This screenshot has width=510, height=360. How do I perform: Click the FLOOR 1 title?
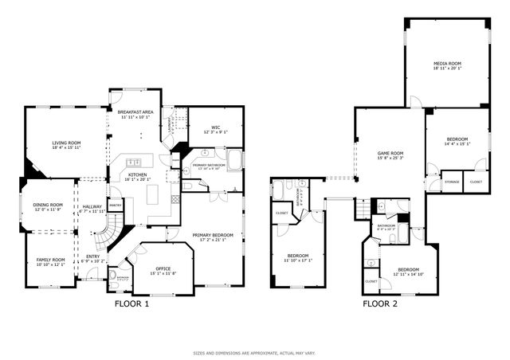[131, 303]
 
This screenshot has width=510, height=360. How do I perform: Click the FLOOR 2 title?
[381, 303]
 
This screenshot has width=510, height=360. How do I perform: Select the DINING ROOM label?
[48, 205]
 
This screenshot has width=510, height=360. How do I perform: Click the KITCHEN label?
[138, 174]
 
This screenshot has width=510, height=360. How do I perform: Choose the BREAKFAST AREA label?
[135, 114]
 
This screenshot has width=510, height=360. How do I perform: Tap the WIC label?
[215, 127]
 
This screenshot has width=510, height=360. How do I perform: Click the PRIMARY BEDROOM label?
[213, 235]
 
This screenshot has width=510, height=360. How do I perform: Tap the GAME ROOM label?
[390, 153]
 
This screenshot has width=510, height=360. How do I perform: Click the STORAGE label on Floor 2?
[452, 182]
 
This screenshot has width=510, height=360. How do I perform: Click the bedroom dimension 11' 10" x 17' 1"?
[300, 260]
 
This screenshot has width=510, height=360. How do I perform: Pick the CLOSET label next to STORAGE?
[476, 182]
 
